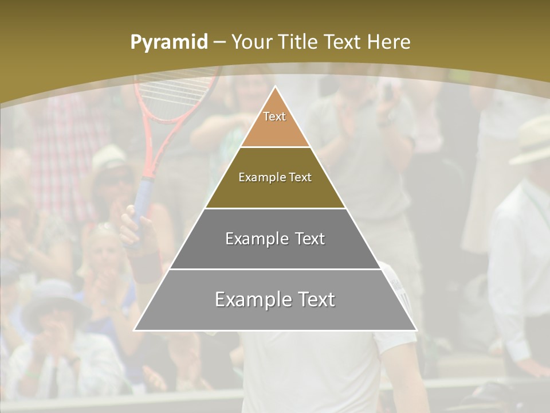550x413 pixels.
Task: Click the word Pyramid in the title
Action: (168, 42)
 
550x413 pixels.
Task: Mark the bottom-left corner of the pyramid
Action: (134, 330)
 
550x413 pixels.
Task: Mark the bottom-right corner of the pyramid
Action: (417, 330)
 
